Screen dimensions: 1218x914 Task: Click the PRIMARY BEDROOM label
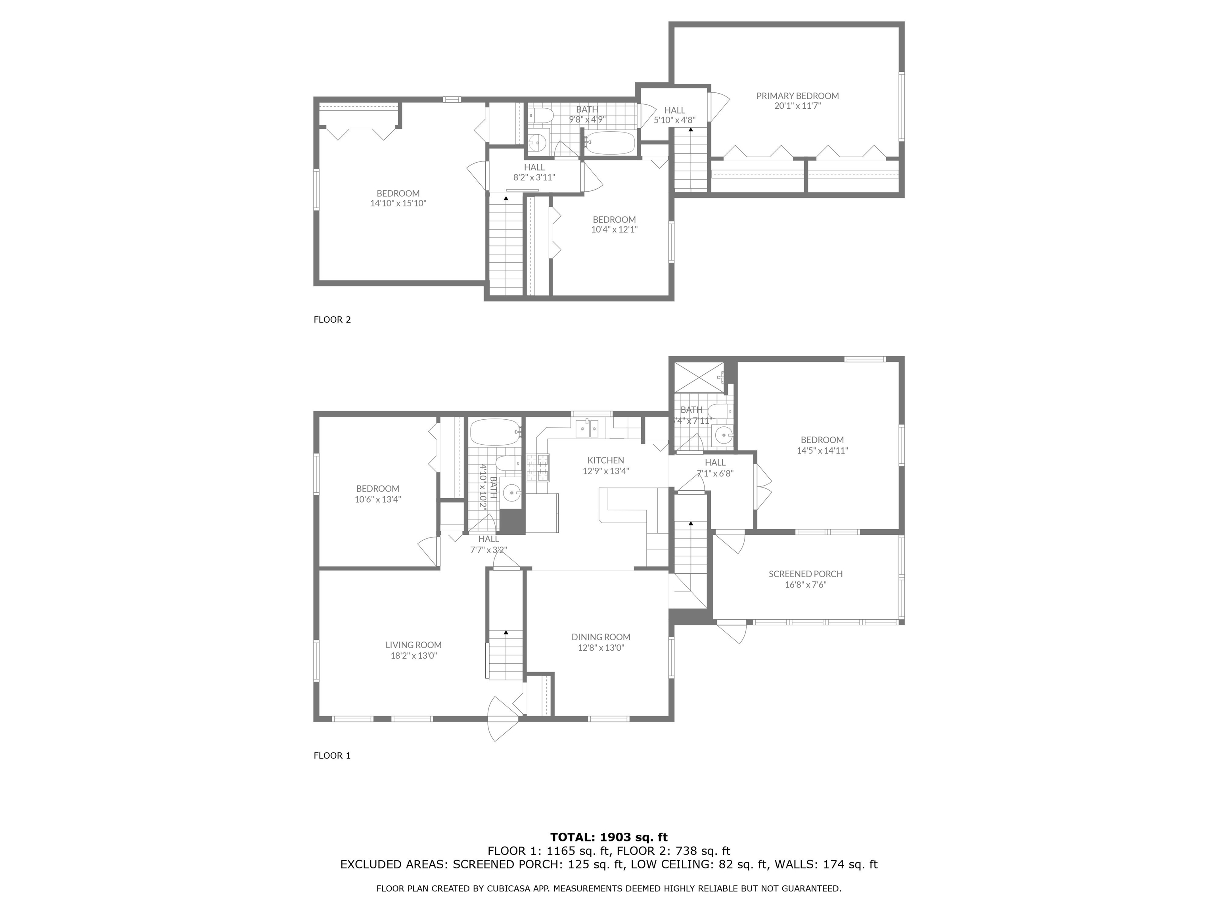[x=797, y=96]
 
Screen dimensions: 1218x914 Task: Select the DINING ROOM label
[x=601, y=637]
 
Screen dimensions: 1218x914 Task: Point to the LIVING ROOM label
[x=414, y=645]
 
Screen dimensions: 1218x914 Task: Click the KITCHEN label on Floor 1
[x=606, y=461]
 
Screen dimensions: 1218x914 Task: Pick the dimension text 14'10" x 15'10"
[x=398, y=203]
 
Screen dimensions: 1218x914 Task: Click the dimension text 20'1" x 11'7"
[x=797, y=106]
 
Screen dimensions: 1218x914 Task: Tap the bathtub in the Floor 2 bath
[x=609, y=143]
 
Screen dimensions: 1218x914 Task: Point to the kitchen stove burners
[x=538, y=468]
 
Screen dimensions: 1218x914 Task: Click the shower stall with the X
[x=699, y=377]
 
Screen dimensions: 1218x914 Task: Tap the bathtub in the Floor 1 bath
[x=494, y=434]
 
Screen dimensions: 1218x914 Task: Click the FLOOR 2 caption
[x=332, y=319]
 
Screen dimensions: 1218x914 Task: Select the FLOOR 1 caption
[x=332, y=755]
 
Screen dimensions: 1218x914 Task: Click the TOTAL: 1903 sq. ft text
[x=609, y=837]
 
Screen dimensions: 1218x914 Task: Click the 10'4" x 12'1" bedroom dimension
[x=614, y=230]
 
